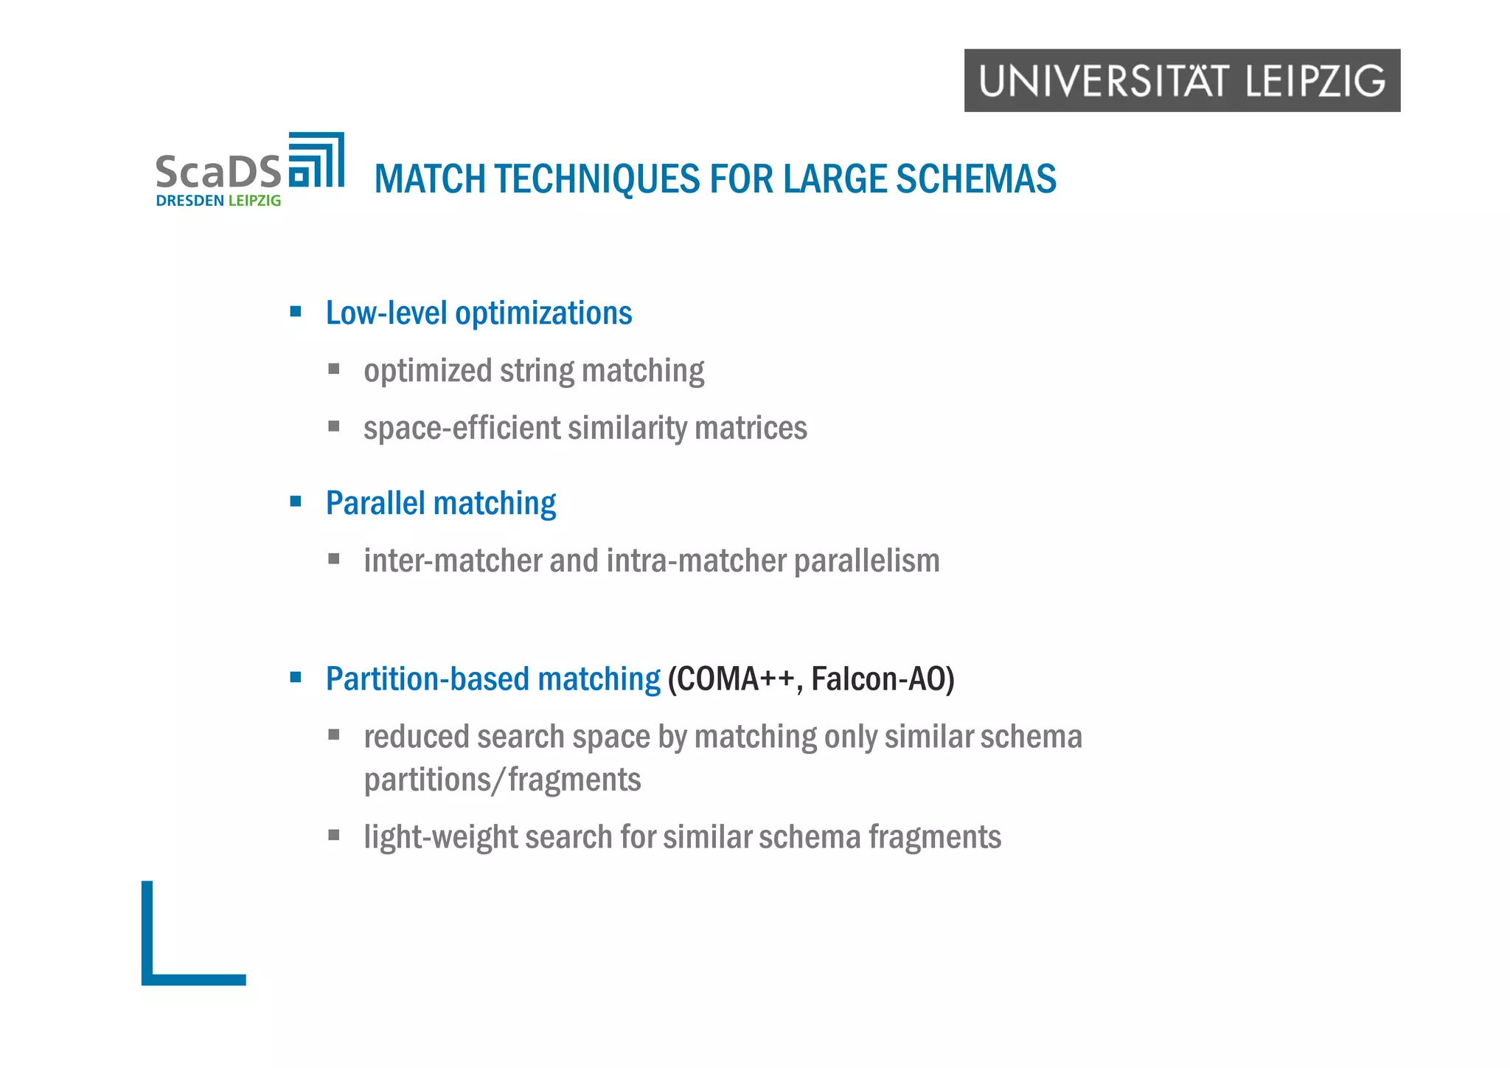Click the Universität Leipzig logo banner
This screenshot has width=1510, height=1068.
point(1181,80)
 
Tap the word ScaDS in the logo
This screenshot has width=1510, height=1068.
point(218,171)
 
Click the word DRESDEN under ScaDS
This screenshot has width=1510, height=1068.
point(189,201)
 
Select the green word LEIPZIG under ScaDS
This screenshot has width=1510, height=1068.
point(254,201)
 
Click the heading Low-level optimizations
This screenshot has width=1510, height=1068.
point(479,313)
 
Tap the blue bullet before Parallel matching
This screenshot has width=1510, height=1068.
point(296,502)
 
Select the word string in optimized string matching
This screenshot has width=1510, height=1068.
point(536,371)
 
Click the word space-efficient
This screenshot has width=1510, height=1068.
point(462,429)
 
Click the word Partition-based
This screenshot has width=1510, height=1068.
point(428,679)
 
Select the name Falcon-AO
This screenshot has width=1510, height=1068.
point(877,679)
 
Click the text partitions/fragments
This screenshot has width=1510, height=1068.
point(502,780)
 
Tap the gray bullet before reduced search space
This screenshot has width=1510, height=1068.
point(334,735)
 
